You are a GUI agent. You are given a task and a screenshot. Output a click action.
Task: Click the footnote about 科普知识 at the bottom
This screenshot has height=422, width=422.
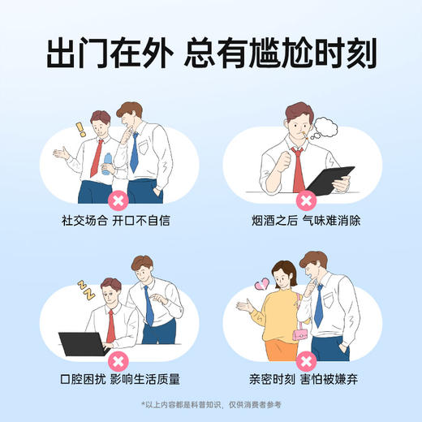[x=211, y=405]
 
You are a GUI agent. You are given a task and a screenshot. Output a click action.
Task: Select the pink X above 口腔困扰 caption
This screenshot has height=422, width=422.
[x=118, y=359]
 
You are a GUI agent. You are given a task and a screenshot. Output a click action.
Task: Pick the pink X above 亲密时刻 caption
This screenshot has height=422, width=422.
[x=307, y=359]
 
